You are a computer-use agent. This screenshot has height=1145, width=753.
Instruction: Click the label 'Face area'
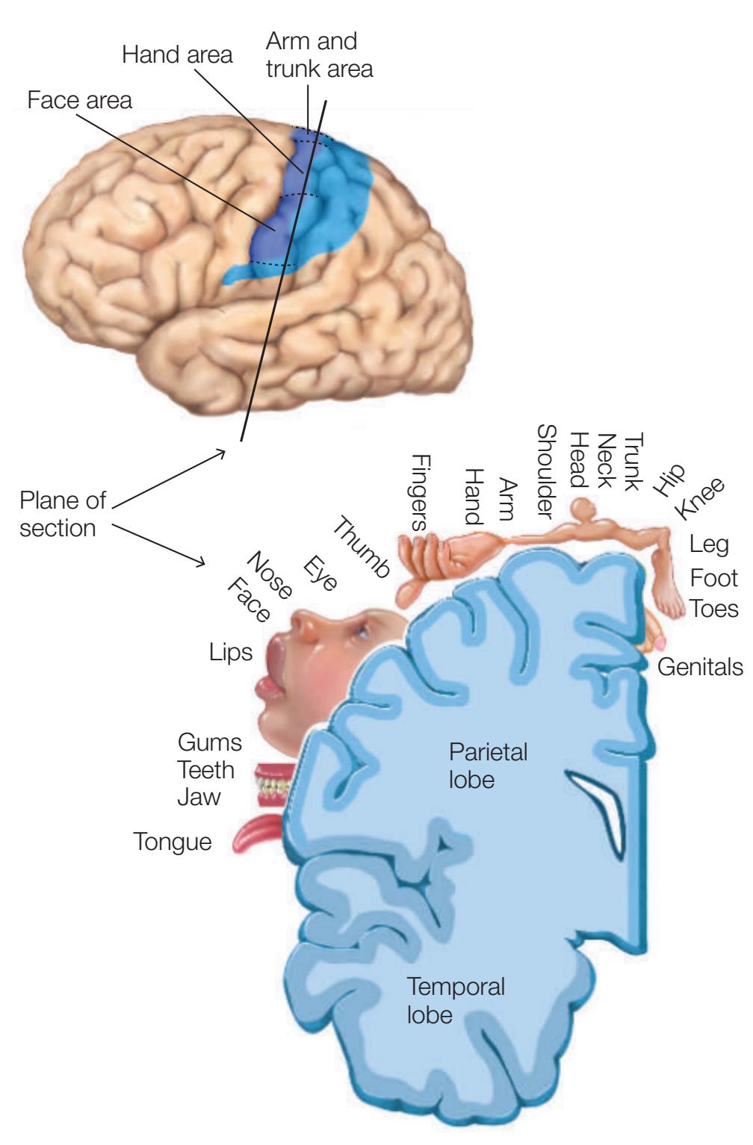(79, 100)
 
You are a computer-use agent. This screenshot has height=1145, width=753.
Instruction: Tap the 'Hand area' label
(177, 55)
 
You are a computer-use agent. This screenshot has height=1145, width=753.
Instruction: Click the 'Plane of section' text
(63, 513)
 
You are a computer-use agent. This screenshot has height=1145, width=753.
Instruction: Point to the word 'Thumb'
(360, 547)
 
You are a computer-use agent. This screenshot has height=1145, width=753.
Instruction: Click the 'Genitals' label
(700, 666)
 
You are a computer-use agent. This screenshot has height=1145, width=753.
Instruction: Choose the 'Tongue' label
(173, 842)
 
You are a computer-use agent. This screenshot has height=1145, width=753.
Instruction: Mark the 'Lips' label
(231, 651)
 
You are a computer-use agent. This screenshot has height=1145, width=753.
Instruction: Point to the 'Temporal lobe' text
(455, 1000)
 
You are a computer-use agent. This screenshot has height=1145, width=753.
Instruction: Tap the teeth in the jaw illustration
(273, 786)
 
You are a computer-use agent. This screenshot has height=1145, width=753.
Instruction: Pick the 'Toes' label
(713, 608)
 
